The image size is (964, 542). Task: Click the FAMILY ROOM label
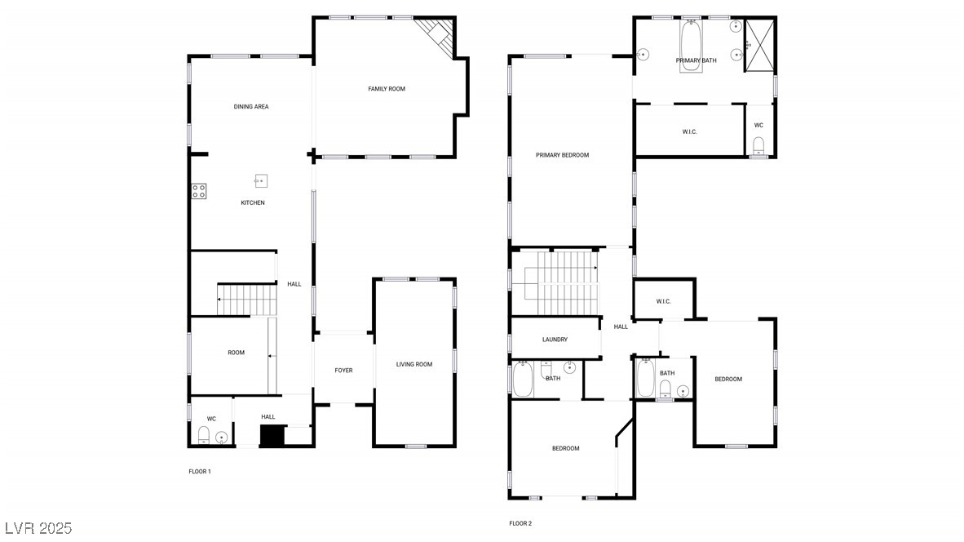(x=387, y=89)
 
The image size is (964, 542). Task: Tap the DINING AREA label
(x=251, y=107)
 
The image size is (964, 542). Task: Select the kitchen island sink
(x=262, y=180)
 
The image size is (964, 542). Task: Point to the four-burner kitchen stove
(x=199, y=192)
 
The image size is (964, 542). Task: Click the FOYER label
(x=344, y=371)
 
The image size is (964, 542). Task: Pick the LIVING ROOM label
(x=414, y=364)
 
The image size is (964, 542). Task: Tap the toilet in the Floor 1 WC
(x=204, y=434)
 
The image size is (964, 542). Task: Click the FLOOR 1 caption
(x=200, y=472)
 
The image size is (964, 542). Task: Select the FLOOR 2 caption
(x=520, y=523)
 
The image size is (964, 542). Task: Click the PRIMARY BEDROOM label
(x=562, y=155)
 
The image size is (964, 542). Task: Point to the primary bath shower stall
(x=760, y=44)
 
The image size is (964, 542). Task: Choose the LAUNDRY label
(x=555, y=340)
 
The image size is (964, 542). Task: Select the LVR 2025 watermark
(x=38, y=527)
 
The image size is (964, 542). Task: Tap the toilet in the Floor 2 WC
(x=758, y=147)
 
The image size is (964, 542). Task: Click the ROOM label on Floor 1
(x=236, y=353)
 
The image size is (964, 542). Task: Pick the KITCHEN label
(x=253, y=202)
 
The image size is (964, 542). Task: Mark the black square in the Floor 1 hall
(x=271, y=436)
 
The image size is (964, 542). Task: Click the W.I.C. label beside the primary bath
(x=689, y=131)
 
